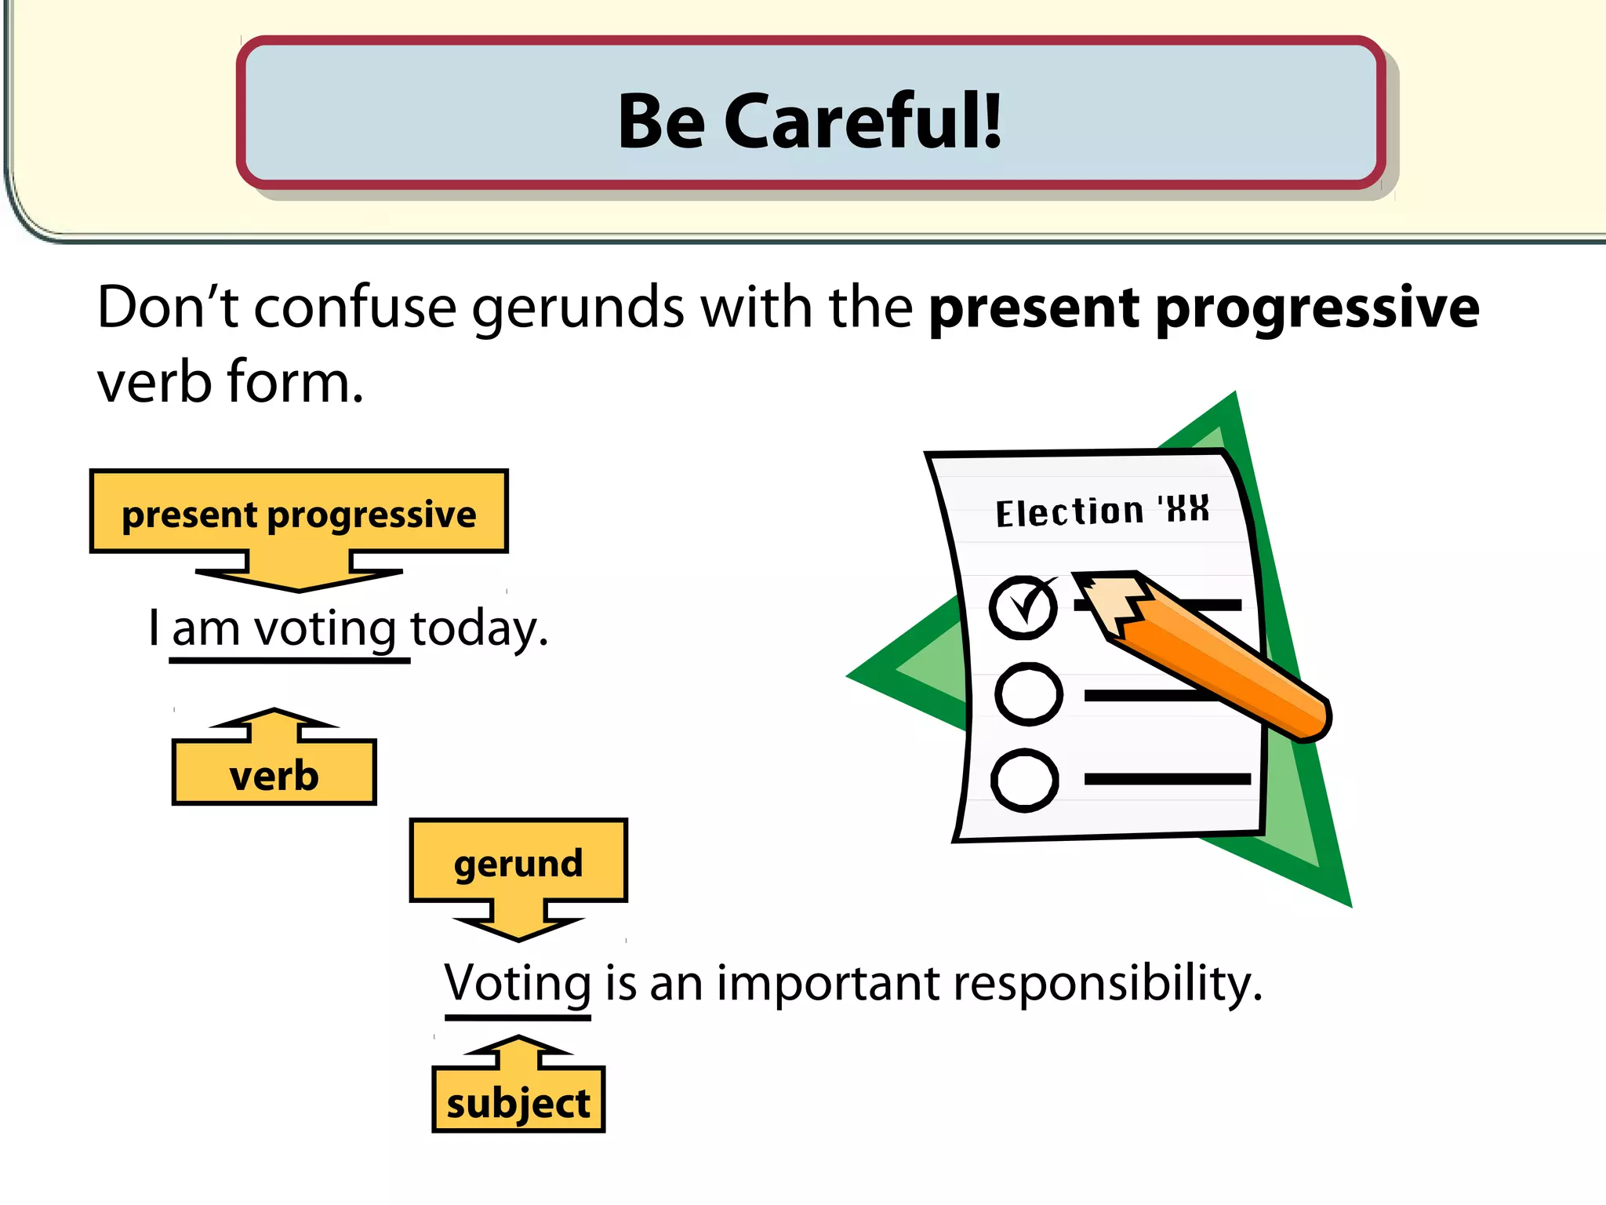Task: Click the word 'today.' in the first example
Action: click(x=478, y=629)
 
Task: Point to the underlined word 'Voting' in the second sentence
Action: click(x=518, y=983)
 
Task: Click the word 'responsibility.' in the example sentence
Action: click(x=1107, y=983)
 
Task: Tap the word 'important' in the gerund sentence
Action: click(x=828, y=983)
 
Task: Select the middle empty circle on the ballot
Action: click(x=1028, y=694)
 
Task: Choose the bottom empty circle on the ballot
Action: click(x=1025, y=780)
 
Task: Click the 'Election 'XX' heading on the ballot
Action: click(x=1102, y=511)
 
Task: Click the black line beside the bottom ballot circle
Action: click(x=1167, y=779)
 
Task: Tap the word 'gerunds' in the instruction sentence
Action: click(x=577, y=308)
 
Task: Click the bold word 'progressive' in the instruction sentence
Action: click(x=1317, y=308)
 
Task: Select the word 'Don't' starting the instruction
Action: click(x=167, y=307)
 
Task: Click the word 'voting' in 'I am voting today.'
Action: click(x=325, y=629)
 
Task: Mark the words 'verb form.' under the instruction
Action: click(x=230, y=382)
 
